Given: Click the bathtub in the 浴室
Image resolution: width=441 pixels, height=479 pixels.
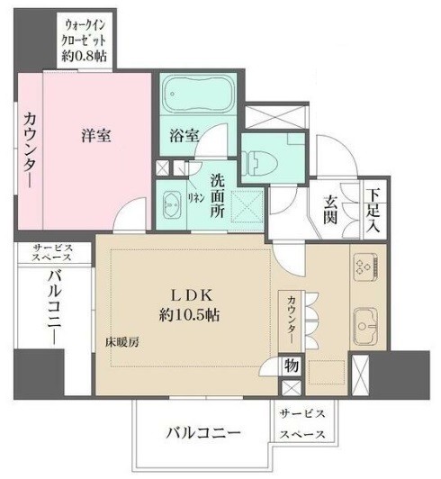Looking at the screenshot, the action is coord(198,94).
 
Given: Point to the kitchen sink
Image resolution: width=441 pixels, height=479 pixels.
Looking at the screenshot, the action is coord(365,326).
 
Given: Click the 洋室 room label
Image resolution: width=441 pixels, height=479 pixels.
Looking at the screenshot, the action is coord(96,135).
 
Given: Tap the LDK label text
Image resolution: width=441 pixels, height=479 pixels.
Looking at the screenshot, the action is coord(191,295).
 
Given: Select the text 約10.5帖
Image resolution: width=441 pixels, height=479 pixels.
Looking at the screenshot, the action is coord(189,314).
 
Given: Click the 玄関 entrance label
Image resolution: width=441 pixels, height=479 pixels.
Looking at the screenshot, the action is coord(330,209).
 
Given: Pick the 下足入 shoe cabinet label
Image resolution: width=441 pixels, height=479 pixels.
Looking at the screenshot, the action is coord(373,210).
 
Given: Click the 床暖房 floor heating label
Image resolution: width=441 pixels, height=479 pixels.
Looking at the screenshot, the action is coord(122,342).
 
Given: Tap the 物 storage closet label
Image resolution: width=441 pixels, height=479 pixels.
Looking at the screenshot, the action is coord(292,365).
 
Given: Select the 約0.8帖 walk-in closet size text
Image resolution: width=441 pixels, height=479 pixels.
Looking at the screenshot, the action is coord(85,56).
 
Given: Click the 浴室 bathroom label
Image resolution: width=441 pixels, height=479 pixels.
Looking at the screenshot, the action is coord(184,135).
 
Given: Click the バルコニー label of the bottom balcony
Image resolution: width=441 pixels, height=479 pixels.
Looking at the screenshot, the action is coord(203,433).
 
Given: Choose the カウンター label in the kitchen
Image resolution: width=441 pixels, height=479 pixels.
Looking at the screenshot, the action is coord(292,320).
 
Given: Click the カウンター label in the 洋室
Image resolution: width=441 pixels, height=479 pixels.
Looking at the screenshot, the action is coord(30,149).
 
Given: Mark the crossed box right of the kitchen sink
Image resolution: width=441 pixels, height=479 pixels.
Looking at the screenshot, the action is coord(360,375).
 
